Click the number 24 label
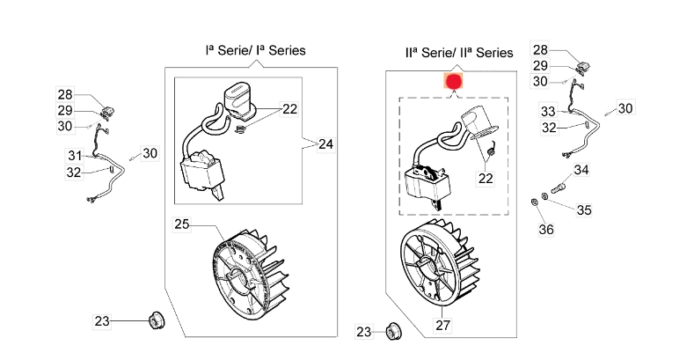[x=326, y=143]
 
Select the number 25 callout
[x=181, y=224]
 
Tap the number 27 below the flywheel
[x=442, y=326]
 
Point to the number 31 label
[x=74, y=155]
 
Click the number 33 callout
[x=548, y=112]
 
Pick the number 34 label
[x=581, y=170]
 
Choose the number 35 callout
[x=584, y=210]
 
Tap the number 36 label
[x=545, y=230]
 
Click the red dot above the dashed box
[x=454, y=82]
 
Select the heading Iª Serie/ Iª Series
[x=255, y=51]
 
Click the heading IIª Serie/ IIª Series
[x=458, y=53]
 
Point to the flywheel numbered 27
[x=438, y=265]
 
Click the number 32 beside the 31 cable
[x=74, y=173]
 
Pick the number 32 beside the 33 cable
[x=548, y=128]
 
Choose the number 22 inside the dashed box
[x=485, y=178]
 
